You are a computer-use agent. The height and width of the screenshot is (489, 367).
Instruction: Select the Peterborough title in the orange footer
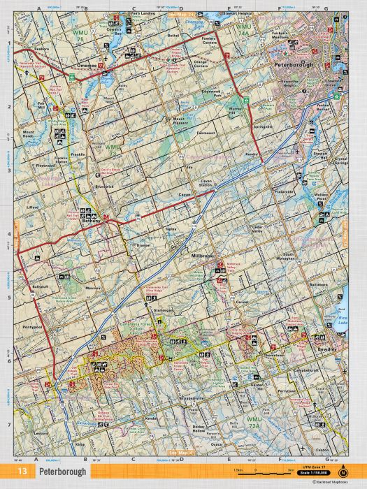pyautogui.click(x=63, y=472)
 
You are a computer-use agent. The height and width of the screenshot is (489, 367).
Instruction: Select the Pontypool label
pyautogui.click(x=34, y=326)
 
